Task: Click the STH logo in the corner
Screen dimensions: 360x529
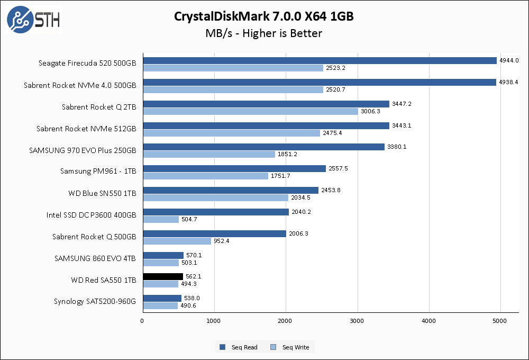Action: coord(33,20)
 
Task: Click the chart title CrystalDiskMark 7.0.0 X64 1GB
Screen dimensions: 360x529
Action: coord(264,16)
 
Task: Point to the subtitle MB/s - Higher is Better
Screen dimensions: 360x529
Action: coord(264,33)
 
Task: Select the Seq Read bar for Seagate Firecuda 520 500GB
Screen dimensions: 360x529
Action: coord(320,60)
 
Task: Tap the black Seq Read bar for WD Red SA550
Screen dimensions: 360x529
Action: coord(163,276)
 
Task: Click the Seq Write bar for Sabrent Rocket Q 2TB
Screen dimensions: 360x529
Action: coord(250,111)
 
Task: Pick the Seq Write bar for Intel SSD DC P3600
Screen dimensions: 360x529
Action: coord(161,219)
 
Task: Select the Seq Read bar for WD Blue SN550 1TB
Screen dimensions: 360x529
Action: coord(231,190)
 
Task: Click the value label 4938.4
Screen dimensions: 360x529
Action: coord(509,82)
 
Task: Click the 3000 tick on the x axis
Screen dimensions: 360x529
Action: coord(358,321)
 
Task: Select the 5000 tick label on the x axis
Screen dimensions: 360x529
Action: coord(500,321)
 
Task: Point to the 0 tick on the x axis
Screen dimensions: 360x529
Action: coord(143,321)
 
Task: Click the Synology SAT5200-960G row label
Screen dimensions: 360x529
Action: coord(95,302)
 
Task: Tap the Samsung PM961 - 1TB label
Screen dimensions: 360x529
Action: coord(98,172)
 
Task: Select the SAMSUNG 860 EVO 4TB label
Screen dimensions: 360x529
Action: coord(95,258)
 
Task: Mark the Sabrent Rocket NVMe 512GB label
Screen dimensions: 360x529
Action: coord(86,129)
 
